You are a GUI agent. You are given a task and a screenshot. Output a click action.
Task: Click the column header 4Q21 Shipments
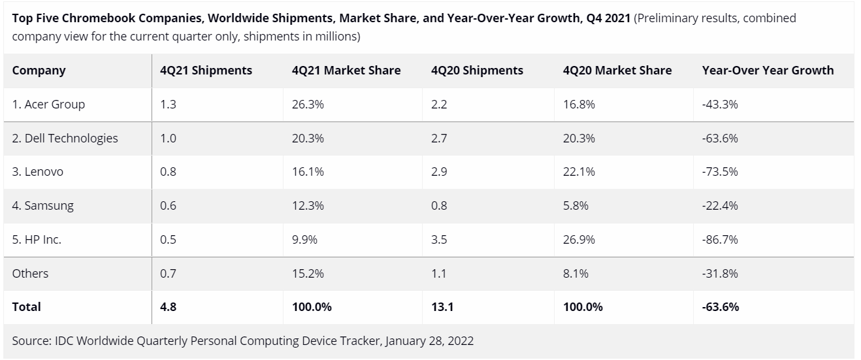click(x=206, y=71)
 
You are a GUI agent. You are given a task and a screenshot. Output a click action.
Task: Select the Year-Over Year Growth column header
click(x=768, y=71)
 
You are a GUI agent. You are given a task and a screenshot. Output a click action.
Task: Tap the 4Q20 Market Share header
click(x=617, y=71)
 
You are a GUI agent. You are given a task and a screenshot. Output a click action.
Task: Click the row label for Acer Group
click(x=48, y=105)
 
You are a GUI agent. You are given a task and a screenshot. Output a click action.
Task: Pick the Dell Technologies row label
click(x=65, y=139)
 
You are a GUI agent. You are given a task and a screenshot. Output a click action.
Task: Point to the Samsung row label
click(x=42, y=206)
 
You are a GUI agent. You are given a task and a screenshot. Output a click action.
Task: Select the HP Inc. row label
click(x=37, y=240)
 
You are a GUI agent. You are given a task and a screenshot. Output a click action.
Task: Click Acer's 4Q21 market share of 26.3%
click(x=308, y=105)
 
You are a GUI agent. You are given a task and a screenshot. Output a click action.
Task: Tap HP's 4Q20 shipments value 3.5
click(x=439, y=240)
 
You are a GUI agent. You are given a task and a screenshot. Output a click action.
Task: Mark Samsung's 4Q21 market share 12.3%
click(x=308, y=206)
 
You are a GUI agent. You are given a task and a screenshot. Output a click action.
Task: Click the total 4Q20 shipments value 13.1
click(x=442, y=306)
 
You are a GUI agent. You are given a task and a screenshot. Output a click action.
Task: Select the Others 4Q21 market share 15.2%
click(x=308, y=274)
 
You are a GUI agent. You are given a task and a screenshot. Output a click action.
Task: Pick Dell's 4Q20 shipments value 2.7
click(x=439, y=139)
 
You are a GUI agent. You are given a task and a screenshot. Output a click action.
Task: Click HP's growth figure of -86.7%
click(x=719, y=240)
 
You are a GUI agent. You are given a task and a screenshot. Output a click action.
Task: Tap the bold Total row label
click(x=26, y=306)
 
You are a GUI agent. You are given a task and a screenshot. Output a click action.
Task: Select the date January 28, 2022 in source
click(x=429, y=341)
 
